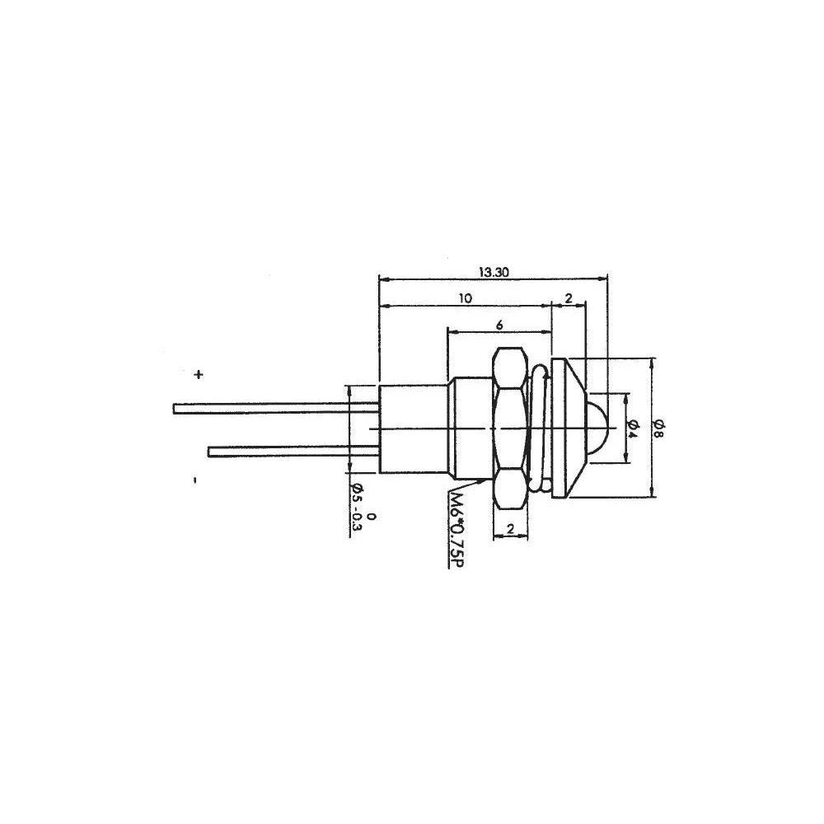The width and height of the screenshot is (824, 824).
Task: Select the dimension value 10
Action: (466, 299)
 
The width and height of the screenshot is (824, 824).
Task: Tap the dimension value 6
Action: (499, 325)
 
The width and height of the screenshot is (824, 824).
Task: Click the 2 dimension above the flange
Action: (569, 299)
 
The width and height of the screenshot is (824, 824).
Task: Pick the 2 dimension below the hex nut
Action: (511, 530)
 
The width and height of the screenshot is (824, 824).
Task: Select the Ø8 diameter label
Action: (660, 426)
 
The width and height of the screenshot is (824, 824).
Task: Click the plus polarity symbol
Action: (198, 375)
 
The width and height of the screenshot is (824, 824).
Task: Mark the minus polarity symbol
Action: (194, 479)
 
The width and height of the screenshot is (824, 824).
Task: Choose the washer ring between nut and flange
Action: (537, 428)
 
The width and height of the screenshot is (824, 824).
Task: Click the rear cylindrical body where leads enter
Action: (412, 428)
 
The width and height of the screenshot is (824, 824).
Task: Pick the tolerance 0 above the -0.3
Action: (372, 517)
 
